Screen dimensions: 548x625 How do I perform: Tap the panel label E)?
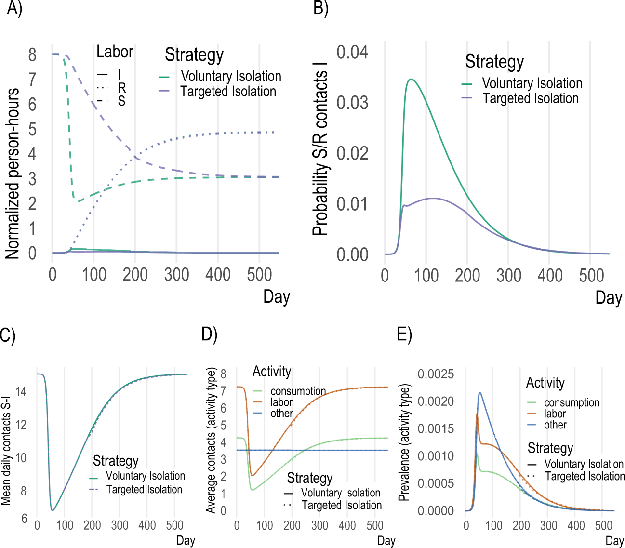404,334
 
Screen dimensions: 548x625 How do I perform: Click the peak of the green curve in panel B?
411,79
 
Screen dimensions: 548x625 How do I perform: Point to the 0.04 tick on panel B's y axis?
352,52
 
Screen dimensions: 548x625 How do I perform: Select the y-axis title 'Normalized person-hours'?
13,174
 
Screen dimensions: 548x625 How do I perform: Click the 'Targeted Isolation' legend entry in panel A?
228,91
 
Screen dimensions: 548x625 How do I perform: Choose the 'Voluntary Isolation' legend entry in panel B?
532,83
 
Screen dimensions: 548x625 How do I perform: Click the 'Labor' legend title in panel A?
115,52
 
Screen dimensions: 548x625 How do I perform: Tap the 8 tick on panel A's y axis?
32,54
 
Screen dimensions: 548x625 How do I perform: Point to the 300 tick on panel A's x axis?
176,275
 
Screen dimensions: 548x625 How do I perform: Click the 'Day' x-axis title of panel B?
609,298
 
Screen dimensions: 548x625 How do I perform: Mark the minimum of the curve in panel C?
53,510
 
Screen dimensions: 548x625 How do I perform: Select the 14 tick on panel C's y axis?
21,391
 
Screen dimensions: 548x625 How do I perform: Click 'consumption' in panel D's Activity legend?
298,391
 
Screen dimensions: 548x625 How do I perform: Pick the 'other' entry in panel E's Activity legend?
555,425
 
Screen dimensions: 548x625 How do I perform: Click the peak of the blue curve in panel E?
480,392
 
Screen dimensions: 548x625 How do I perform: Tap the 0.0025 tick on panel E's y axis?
436,374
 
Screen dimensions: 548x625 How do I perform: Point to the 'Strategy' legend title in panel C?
116,461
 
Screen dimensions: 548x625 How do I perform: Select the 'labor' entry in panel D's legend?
281,402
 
